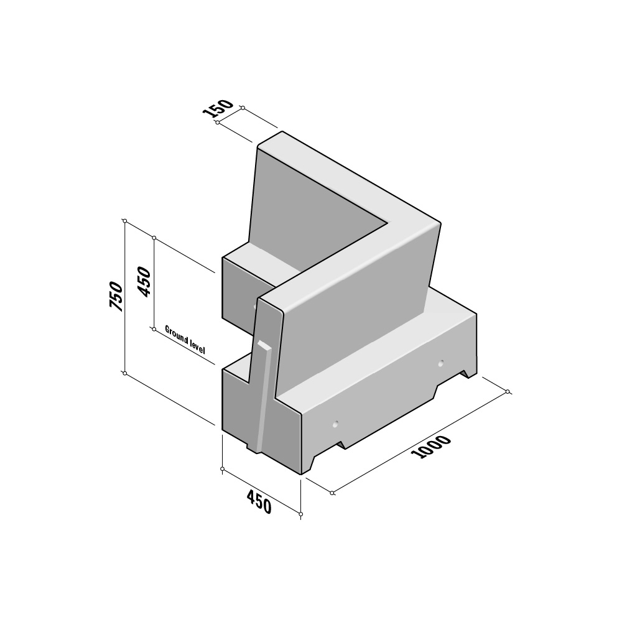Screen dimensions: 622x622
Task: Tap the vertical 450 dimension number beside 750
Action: coord(144,281)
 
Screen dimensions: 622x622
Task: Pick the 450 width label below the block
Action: coord(259,502)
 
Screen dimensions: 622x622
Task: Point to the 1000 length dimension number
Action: coord(431,447)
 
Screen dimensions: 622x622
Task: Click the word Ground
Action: coord(176,335)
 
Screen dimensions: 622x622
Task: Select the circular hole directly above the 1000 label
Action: coord(335,424)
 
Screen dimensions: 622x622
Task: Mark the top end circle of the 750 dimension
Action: coord(125,221)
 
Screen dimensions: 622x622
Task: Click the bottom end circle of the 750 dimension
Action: coord(125,373)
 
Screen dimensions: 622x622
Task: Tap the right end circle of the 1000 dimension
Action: coord(508,392)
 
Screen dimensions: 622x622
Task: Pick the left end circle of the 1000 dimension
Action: coord(332,493)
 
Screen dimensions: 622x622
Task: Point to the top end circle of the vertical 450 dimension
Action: coord(154,238)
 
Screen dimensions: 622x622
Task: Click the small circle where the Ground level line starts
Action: coord(154,328)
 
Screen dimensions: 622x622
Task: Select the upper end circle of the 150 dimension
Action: coord(242,108)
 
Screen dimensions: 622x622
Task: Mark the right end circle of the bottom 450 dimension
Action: coord(301,514)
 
